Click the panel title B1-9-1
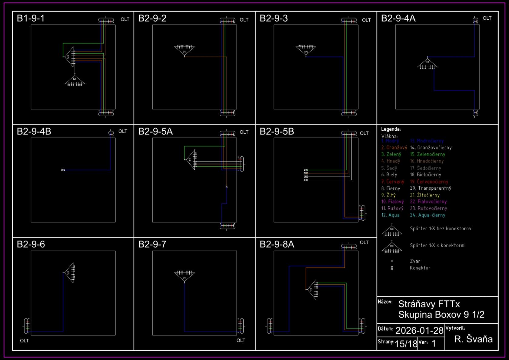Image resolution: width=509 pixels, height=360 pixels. [31, 18]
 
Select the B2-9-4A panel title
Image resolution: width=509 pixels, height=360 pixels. [398, 18]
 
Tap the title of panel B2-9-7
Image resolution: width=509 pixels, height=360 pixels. [152, 244]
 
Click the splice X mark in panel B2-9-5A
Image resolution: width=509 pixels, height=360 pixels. [227, 187]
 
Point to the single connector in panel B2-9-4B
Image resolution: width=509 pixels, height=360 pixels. [63, 170]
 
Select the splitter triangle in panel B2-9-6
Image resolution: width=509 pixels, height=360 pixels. [69, 273]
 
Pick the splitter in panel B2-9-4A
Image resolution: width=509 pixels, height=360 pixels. [427, 63]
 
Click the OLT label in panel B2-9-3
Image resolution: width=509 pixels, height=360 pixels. [366, 20]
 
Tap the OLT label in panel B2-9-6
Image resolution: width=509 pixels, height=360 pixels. [24, 341]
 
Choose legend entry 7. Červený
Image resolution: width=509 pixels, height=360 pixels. [393, 182]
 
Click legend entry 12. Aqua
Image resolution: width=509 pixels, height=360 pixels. [390, 215]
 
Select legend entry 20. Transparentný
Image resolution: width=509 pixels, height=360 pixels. [431, 188]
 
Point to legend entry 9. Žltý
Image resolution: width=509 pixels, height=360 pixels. [388, 195]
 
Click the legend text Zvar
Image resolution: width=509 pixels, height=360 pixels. [415, 261]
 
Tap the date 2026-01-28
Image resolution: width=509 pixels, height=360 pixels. [419, 330]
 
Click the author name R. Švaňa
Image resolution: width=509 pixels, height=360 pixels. [473, 339]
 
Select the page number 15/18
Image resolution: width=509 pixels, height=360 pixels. [406, 344]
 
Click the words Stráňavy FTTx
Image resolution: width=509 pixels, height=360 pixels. [429, 304]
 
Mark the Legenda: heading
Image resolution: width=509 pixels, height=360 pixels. [391, 129]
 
